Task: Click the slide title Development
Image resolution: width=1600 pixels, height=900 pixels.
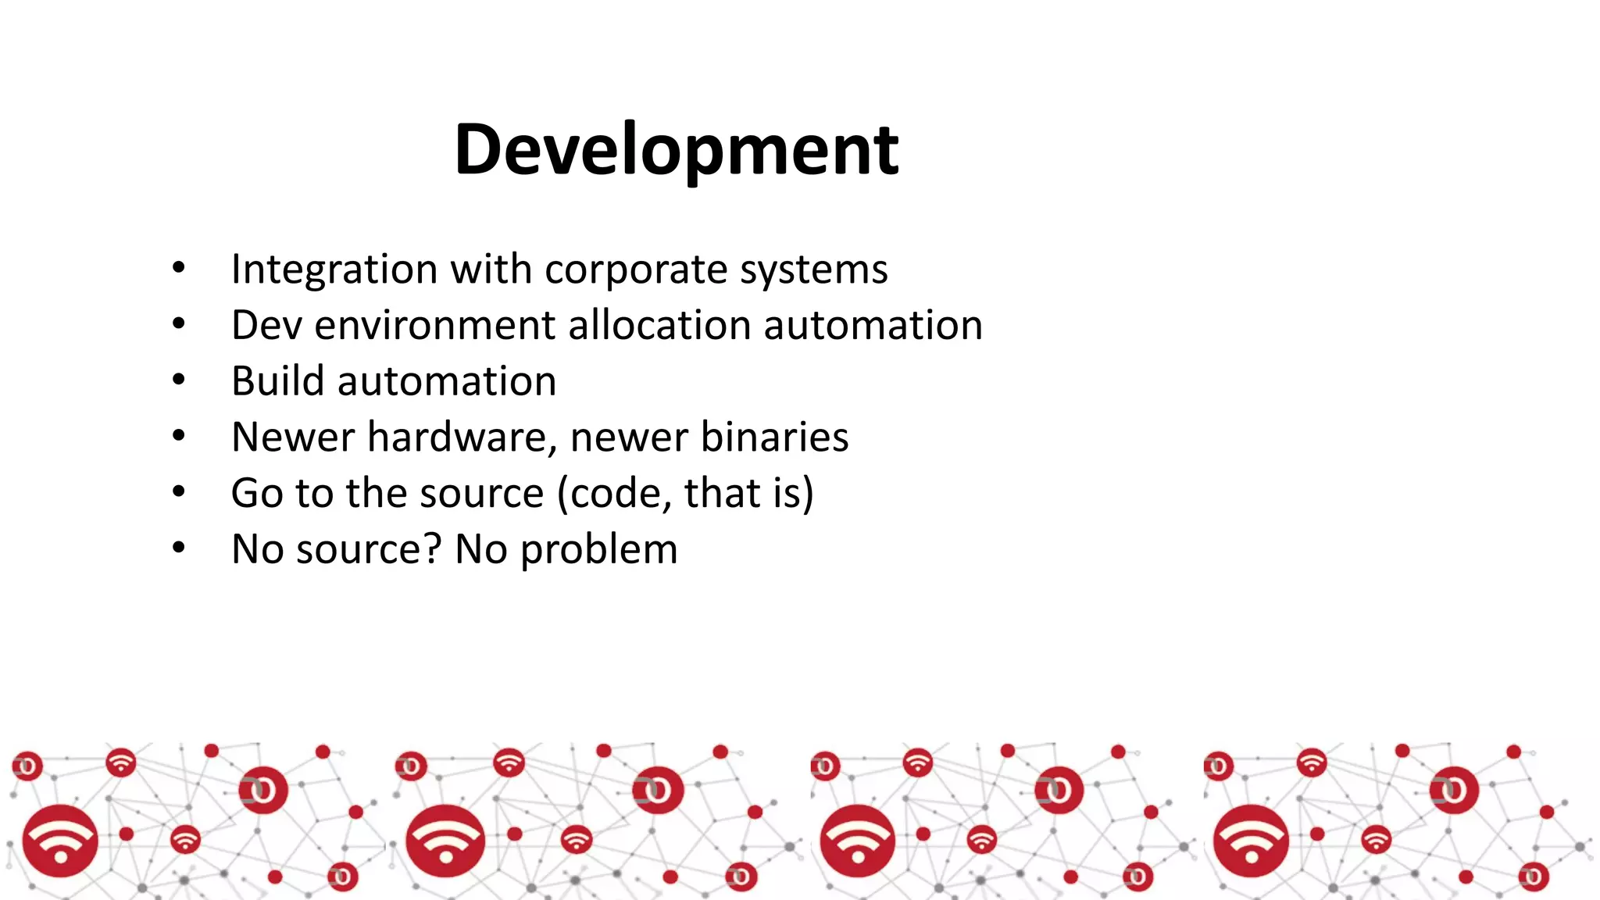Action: click(x=677, y=149)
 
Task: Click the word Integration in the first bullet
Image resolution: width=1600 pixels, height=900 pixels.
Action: click(x=334, y=270)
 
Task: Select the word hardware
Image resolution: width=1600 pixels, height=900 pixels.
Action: click(x=457, y=437)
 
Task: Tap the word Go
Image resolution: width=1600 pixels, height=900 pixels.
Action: click(x=258, y=493)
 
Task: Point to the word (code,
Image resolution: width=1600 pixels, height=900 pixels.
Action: click(x=615, y=494)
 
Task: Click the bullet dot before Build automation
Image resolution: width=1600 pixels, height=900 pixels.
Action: click(x=179, y=380)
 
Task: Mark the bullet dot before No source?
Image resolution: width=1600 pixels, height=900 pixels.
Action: click(x=179, y=548)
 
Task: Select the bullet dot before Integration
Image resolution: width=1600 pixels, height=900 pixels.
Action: click(x=179, y=268)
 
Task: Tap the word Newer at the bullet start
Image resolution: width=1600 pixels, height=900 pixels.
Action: click(x=293, y=437)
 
